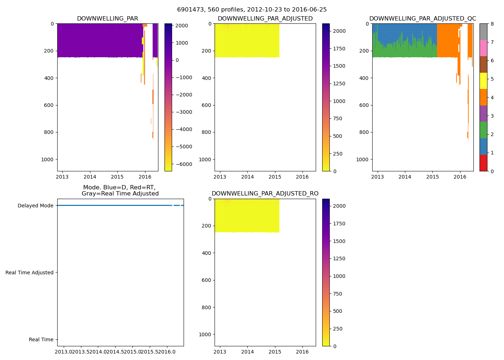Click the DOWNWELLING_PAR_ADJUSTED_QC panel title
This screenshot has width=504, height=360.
tap(423, 19)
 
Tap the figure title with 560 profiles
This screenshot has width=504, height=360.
tap(252, 10)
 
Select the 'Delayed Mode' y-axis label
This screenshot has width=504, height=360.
tap(36, 206)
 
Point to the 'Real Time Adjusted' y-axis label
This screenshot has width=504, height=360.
tap(30, 273)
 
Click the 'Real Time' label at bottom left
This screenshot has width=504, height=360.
tap(41, 339)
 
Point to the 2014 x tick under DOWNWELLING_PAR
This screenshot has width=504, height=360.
tap(90, 177)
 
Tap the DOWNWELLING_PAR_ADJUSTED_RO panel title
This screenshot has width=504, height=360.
tap(265, 194)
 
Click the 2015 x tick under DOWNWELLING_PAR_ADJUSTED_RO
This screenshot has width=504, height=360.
tap(275, 352)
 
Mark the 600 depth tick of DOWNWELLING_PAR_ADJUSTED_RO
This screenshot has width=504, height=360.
tap(207, 280)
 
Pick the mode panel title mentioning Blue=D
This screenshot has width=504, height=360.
tap(120, 190)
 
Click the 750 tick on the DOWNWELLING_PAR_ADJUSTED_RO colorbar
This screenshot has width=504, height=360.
tap(337, 294)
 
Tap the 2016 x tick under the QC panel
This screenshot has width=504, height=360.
tap(460, 177)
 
